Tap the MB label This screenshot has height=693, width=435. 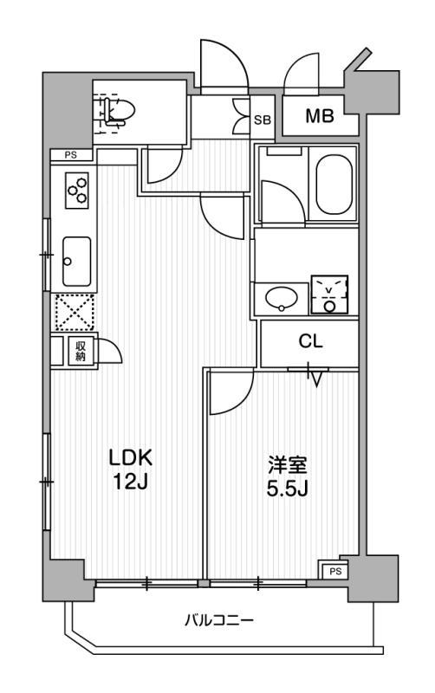(x=320, y=116)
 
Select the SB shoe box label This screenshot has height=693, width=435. (x=263, y=120)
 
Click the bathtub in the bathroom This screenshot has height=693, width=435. (x=334, y=184)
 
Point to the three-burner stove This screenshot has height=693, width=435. (x=77, y=190)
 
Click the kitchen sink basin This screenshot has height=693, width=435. (x=76, y=262)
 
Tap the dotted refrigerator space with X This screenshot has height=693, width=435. (x=75, y=313)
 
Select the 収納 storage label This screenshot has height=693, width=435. (x=80, y=352)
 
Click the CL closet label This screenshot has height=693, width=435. (x=310, y=341)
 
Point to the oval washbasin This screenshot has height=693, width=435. (x=281, y=298)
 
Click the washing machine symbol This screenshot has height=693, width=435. (x=329, y=295)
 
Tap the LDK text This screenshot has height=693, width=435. (x=131, y=458)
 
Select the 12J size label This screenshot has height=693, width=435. (x=129, y=483)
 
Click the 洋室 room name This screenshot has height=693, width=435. (x=288, y=465)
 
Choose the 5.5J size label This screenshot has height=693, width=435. (x=287, y=489)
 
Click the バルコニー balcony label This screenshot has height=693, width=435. (x=219, y=620)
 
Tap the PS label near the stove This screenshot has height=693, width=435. (x=71, y=155)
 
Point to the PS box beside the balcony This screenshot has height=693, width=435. (x=334, y=571)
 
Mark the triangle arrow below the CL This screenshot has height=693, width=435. (x=315, y=379)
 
